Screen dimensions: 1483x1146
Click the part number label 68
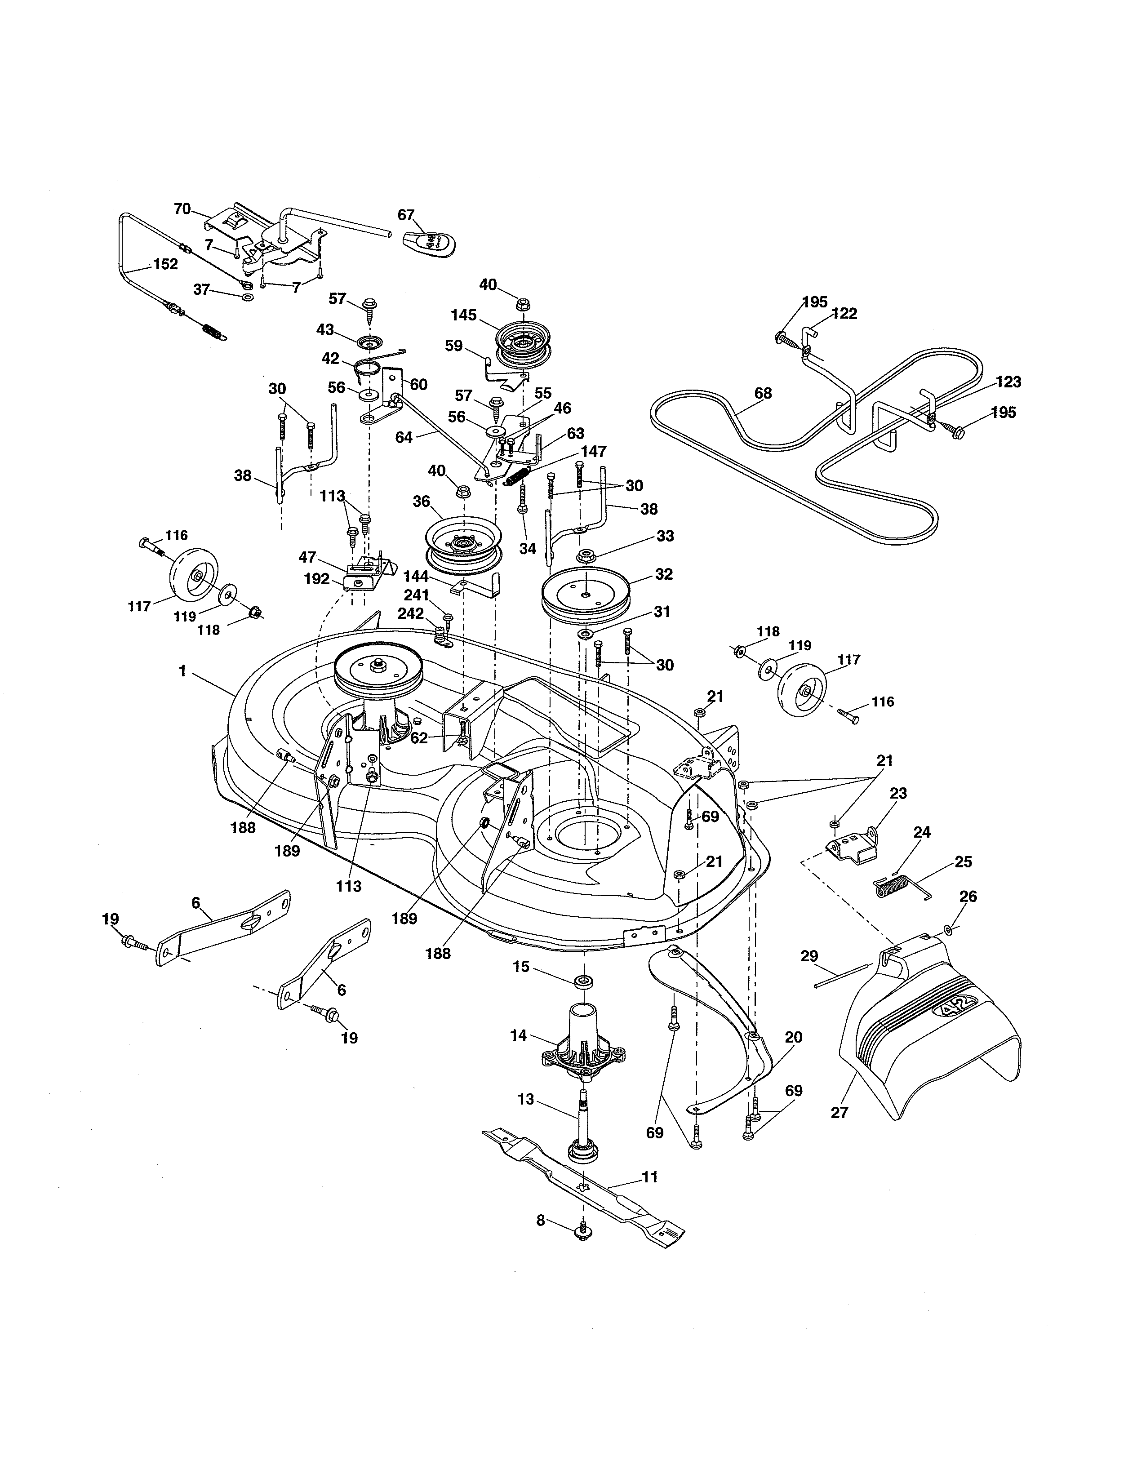coord(763,393)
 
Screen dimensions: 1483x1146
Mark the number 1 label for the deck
coord(182,671)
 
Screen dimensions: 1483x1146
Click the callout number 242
coord(411,613)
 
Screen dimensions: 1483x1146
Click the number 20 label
coord(793,1037)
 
